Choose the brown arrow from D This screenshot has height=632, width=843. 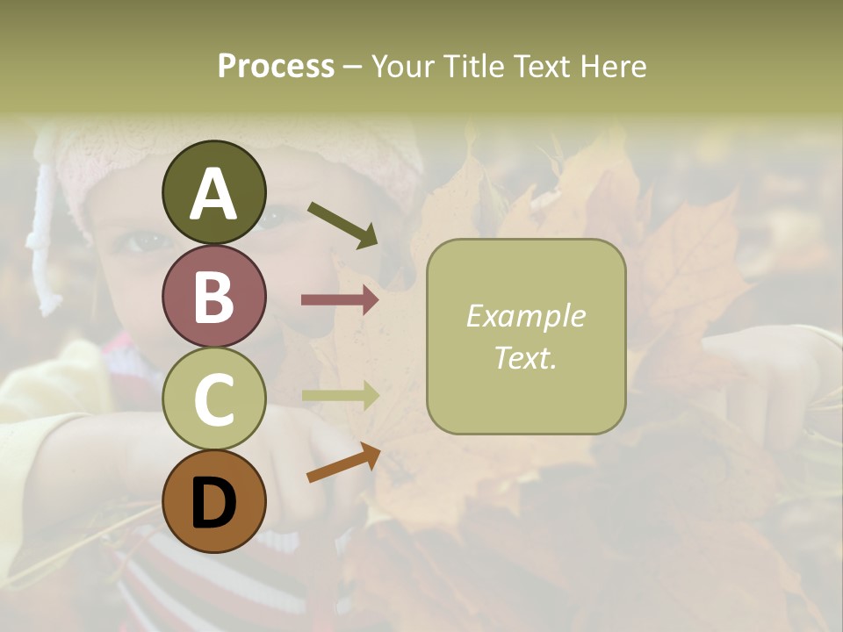click(343, 463)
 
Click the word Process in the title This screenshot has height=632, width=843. click(276, 67)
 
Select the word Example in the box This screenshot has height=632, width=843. click(525, 316)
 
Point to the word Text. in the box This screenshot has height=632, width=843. click(525, 358)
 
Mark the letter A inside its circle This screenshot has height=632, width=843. click(214, 193)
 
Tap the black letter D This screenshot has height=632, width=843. click(214, 504)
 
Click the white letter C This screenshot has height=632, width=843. click(214, 400)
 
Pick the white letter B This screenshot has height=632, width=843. click(214, 297)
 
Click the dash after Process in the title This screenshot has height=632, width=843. click(353, 67)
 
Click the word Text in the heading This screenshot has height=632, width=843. click(539, 67)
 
